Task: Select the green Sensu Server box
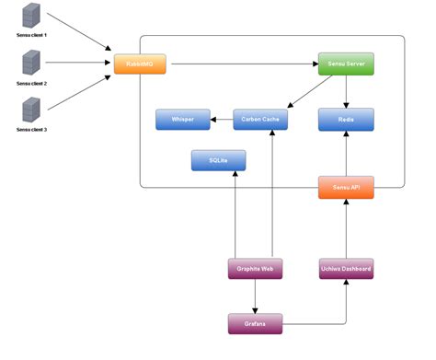[x=346, y=64]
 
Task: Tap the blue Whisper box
[x=183, y=119]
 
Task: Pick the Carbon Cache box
[x=261, y=119]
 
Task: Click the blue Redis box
[x=346, y=119]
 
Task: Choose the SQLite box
[x=219, y=160]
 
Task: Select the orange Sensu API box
[x=346, y=187]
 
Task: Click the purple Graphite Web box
[x=255, y=269]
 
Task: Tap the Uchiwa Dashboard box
[x=346, y=269]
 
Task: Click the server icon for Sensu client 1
[x=31, y=16]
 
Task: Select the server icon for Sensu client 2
[x=31, y=64]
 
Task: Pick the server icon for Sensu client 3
[x=31, y=110]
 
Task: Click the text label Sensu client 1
[x=31, y=35]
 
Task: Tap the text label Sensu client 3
[x=31, y=130]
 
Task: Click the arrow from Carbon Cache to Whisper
[x=222, y=119]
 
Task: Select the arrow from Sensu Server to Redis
[x=346, y=92]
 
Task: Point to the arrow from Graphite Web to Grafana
[x=255, y=296]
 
